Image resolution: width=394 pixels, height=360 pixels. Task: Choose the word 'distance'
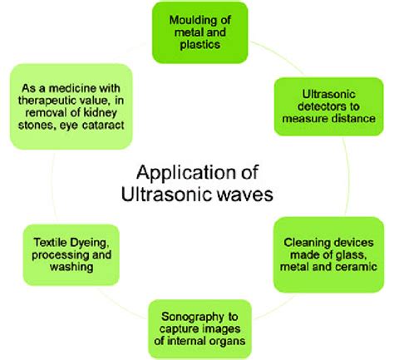click(x=359, y=119)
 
